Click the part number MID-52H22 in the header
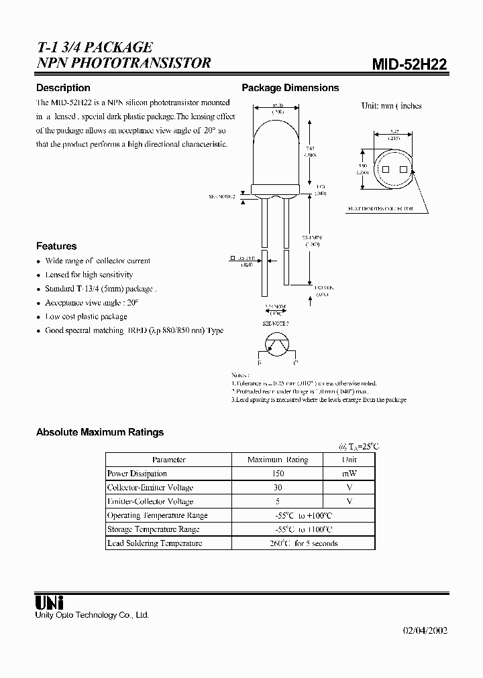(409, 64)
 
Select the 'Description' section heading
(63, 88)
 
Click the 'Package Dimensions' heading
(290, 88)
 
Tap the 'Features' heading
(56, 246)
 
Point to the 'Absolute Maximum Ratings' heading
(100, 432)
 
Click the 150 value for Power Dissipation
(277, 474)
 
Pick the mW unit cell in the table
(349, 474)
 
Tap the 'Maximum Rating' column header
(277, 460)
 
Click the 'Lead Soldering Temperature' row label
(154, 543)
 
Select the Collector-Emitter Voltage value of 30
(277, 488)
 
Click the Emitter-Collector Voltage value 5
(277, 501)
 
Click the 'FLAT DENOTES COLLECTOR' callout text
(380, 208)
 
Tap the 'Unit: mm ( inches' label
(391, 106)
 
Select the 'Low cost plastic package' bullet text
(86, 316)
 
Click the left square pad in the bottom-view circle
(385, 169)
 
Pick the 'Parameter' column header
(168, 460)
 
